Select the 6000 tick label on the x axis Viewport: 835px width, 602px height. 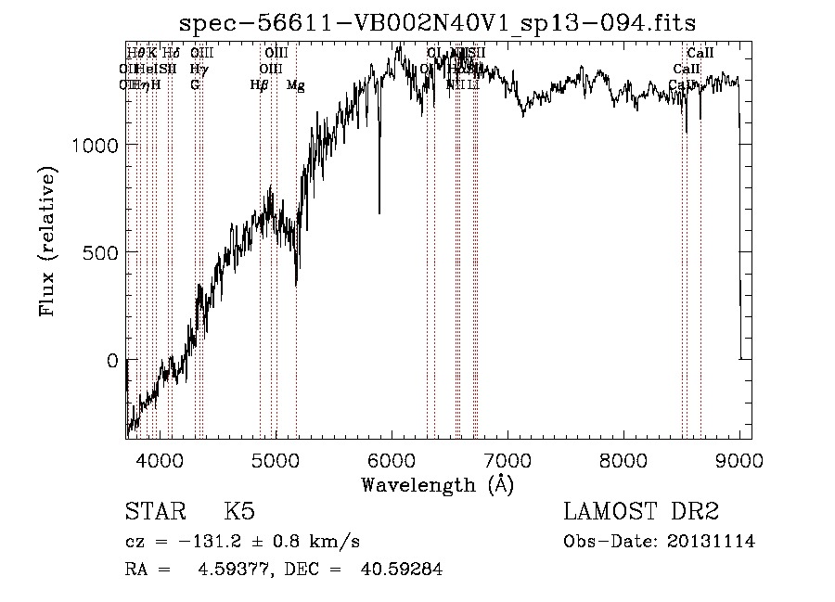[x=392, y=460]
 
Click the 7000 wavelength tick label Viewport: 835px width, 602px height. [x=507, y=460]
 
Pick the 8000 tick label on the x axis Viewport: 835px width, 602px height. [x=623, y=460]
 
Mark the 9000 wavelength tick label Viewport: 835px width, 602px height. [x=739, y=460]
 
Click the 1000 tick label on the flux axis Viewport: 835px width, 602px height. [x=95, y=145]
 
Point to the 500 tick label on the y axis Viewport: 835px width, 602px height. [x=100, y=252]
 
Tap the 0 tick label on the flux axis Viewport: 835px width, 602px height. [x=112, y=360]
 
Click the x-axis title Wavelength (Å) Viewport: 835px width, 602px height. [x=437, y=484]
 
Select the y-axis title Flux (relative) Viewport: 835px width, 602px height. [x=47, y=241]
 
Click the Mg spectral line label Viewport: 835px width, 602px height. [x=296, y=85]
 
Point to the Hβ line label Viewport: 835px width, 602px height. [x=259, y=85]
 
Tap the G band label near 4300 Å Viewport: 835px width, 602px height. [x=195, y=84]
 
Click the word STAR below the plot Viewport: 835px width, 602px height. [x=153, y=513]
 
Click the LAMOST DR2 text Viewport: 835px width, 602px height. [x=641, y=513]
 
